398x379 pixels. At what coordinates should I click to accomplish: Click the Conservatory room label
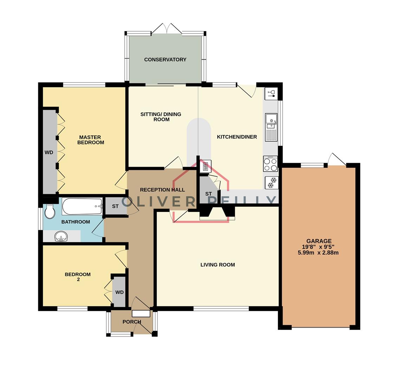[165, 60]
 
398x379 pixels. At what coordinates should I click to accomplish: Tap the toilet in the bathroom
[50, 212]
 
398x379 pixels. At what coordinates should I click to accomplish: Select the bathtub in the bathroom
[82, 207]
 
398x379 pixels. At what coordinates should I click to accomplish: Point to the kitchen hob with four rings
[270, 164]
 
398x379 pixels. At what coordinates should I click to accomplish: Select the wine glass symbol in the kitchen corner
[271, 93]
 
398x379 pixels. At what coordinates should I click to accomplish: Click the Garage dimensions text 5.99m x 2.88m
[318, 253]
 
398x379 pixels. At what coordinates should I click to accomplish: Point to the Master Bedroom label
[91, 140]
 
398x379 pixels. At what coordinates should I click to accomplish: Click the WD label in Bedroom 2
[119, 292]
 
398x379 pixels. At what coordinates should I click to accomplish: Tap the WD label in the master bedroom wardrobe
[49, 152]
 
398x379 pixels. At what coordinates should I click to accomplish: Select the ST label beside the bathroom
[115, 206]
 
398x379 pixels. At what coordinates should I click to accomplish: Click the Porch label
[132, 322]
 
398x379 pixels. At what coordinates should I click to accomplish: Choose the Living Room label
[217, 265]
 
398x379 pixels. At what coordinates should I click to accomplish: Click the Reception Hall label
[162, 190]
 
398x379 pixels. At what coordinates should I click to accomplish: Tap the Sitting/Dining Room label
[161, 117]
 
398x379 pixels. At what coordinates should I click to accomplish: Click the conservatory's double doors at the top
[167, 29]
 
